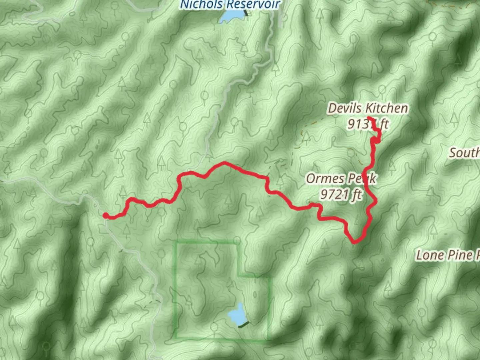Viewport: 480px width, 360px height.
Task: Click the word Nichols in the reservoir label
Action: [x=201, y=5]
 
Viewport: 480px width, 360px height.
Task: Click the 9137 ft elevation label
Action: [x=368, y=124]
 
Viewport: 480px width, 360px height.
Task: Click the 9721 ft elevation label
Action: [x=341, y=194]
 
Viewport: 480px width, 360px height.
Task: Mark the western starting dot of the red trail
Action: [x=105, y=216]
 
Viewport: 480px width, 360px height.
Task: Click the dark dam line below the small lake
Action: [x=244, y=324]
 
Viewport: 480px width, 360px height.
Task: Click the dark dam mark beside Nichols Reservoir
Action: [x=246, y=13]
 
